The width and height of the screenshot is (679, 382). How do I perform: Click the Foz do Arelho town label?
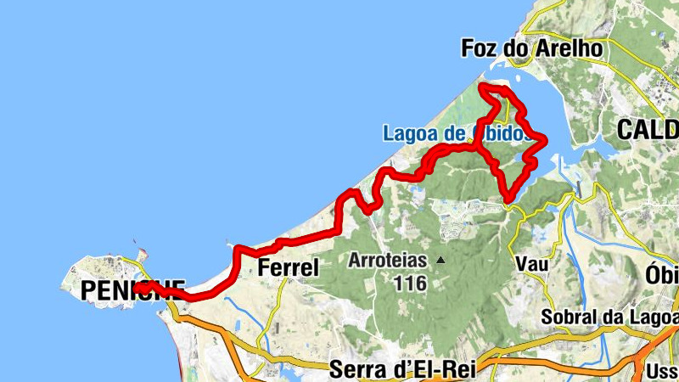[531, 48]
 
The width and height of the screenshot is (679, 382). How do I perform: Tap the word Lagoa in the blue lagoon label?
[410, 133]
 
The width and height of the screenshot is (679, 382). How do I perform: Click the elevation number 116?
[409, 283]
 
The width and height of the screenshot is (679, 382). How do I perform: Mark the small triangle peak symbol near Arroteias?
[441, 260]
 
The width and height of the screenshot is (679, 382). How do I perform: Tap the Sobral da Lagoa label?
[606, 317]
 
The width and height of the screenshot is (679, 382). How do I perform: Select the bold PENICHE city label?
[132, 290]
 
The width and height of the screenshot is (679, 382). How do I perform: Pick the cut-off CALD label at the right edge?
[648, 129]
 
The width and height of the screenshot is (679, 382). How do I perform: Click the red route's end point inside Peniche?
[137, 289]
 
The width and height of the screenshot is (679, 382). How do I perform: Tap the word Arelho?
[570, 48]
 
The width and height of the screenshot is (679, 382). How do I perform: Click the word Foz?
[478, 48]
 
